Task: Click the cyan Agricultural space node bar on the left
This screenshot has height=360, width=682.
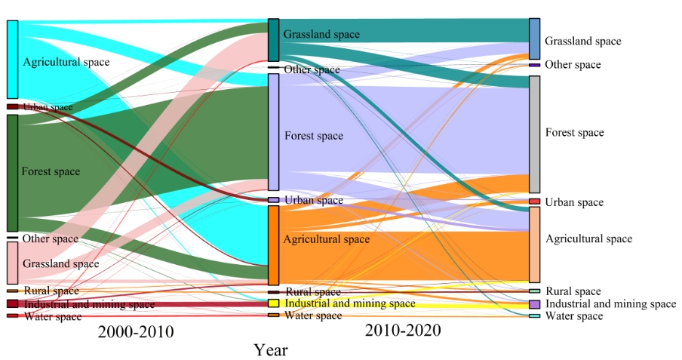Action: click(12, 60)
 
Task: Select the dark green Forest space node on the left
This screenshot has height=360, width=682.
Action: click(12, 173)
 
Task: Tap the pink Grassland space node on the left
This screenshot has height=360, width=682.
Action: click(12, 263)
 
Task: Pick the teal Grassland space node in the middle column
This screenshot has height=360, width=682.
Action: click(273, 40)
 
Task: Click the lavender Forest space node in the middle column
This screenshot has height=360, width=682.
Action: click(273, 132)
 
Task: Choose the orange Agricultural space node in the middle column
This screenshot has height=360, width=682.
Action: click(273, 245)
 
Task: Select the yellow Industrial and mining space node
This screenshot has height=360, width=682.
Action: click(273, 303)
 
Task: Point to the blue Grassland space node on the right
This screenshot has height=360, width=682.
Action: click(534, 39)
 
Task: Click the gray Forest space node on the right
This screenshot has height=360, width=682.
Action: click(534, 134)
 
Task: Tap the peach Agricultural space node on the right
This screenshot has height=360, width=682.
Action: click(534, 245)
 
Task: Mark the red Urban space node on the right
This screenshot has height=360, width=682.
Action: click(534, 202)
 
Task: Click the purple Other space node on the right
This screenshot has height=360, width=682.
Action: click(534, 65)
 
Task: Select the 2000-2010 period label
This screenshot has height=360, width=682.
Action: click(135, 332)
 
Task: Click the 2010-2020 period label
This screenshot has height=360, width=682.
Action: click(403, 331)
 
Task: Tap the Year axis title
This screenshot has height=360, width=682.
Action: click(270, 350)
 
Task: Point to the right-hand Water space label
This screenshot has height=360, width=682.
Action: click(574, 316)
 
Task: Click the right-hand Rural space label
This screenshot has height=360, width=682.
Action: click(573, 291)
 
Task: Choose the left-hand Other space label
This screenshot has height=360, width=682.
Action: click(50, 238)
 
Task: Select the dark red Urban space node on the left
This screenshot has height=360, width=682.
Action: click(12, 106)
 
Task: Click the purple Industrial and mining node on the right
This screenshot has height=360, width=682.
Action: click(534, 304)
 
